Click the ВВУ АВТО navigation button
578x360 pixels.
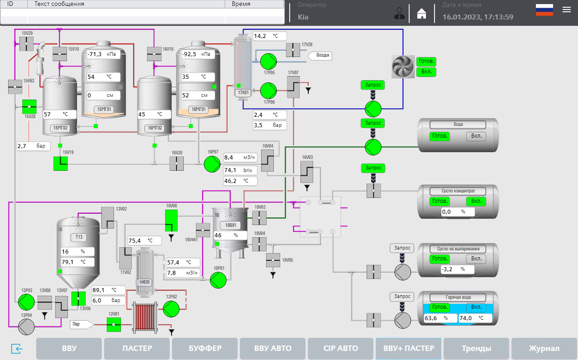coord(272,348)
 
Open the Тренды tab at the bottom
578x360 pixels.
coord(476,348)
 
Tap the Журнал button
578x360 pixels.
coord(544,348)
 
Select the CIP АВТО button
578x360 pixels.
coord(340,348)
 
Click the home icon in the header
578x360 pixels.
coord(421,14)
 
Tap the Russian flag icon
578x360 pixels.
coord(544,10)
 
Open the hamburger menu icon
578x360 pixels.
coord(566,10)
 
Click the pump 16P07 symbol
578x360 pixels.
coord(211,164)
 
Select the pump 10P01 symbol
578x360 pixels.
coord(218,281)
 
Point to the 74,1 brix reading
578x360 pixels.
coord(240,170)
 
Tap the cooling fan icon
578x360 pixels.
coord(402,67)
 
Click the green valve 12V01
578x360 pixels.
coord(114,324)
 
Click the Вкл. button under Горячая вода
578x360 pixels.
coord(476,307)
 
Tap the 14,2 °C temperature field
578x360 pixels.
coord(269,36)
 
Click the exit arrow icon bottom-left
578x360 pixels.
coord(17,349)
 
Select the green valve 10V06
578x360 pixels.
coord(172,220)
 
